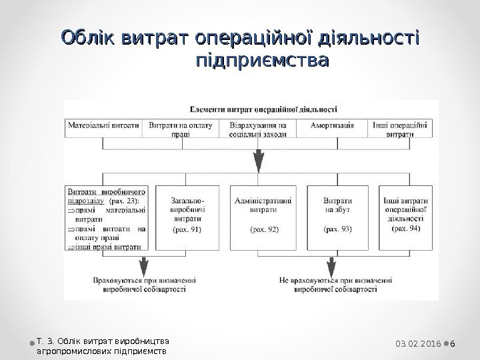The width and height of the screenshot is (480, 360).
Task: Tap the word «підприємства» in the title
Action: point(263,62)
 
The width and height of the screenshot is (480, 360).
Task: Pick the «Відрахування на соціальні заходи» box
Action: point(257,129)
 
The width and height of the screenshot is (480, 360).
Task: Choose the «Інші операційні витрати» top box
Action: point(399,129)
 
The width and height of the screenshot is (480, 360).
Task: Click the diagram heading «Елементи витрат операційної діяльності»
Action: point(263,107)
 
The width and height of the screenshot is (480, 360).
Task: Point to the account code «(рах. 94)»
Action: point(405,227)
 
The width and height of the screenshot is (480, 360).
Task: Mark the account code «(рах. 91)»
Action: point(188,229)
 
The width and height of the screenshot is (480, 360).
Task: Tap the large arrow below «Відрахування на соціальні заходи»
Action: point(257,160)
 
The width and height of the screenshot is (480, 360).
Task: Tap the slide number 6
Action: point(453,343)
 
